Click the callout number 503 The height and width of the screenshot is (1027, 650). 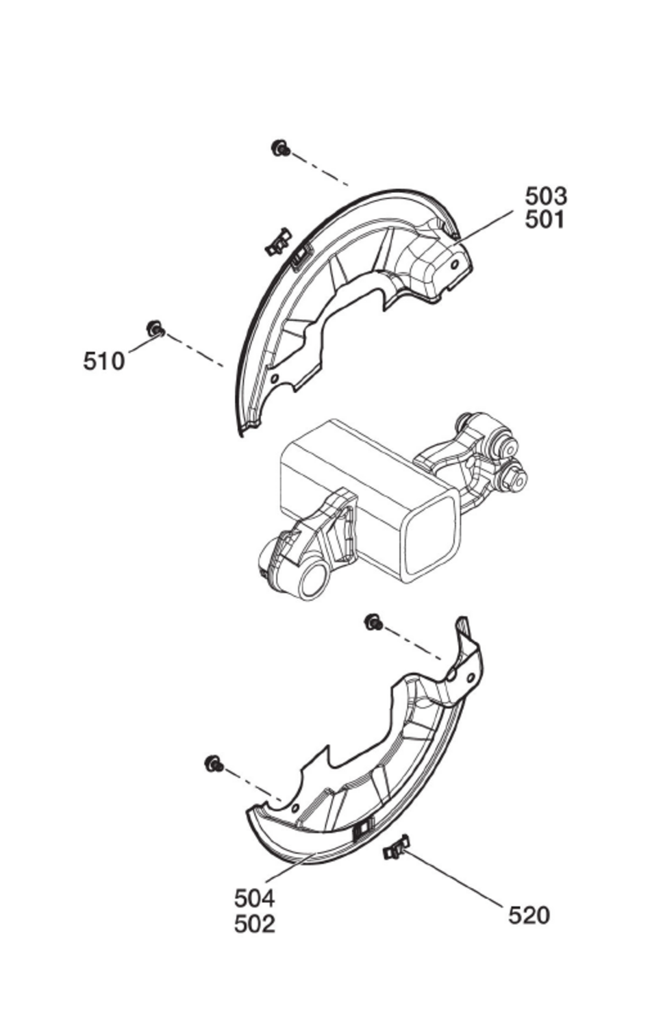click(x=546, y=196)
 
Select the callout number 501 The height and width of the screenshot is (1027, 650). click(x=546, y=220)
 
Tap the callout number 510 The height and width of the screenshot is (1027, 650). click(x=104, y=361)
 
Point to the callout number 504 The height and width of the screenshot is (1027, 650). click(x=254, y=898)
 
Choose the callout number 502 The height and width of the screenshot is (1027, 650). click(x=254, y=924)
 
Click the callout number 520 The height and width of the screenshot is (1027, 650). click(x=529, y=915)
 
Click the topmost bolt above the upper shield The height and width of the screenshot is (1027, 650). click(x=280, y=148)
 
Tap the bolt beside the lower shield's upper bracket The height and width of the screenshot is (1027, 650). click(x=373, y=622)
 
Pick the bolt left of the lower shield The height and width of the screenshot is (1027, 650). click(x=214, y=763)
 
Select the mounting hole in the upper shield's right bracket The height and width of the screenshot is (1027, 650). click(x=455, y=264)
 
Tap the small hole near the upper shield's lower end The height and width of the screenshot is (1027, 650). click(x=275, y=377)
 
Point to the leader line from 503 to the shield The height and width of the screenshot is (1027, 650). click(x=486, y=224)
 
